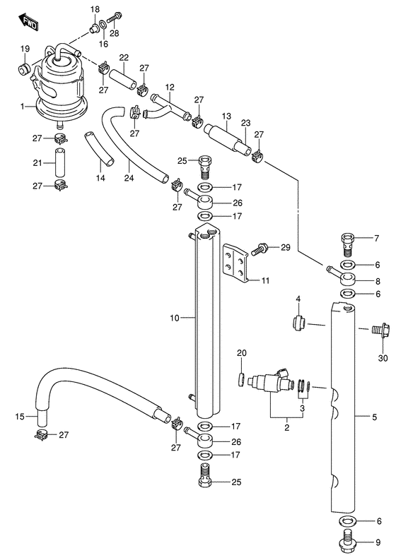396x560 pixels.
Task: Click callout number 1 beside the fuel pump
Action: point(24,107)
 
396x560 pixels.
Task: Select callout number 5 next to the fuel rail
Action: point(375,416)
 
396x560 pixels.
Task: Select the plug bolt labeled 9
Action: point(347,542)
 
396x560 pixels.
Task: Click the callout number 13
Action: point(226,116)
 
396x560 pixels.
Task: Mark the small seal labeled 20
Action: point(242,380)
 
